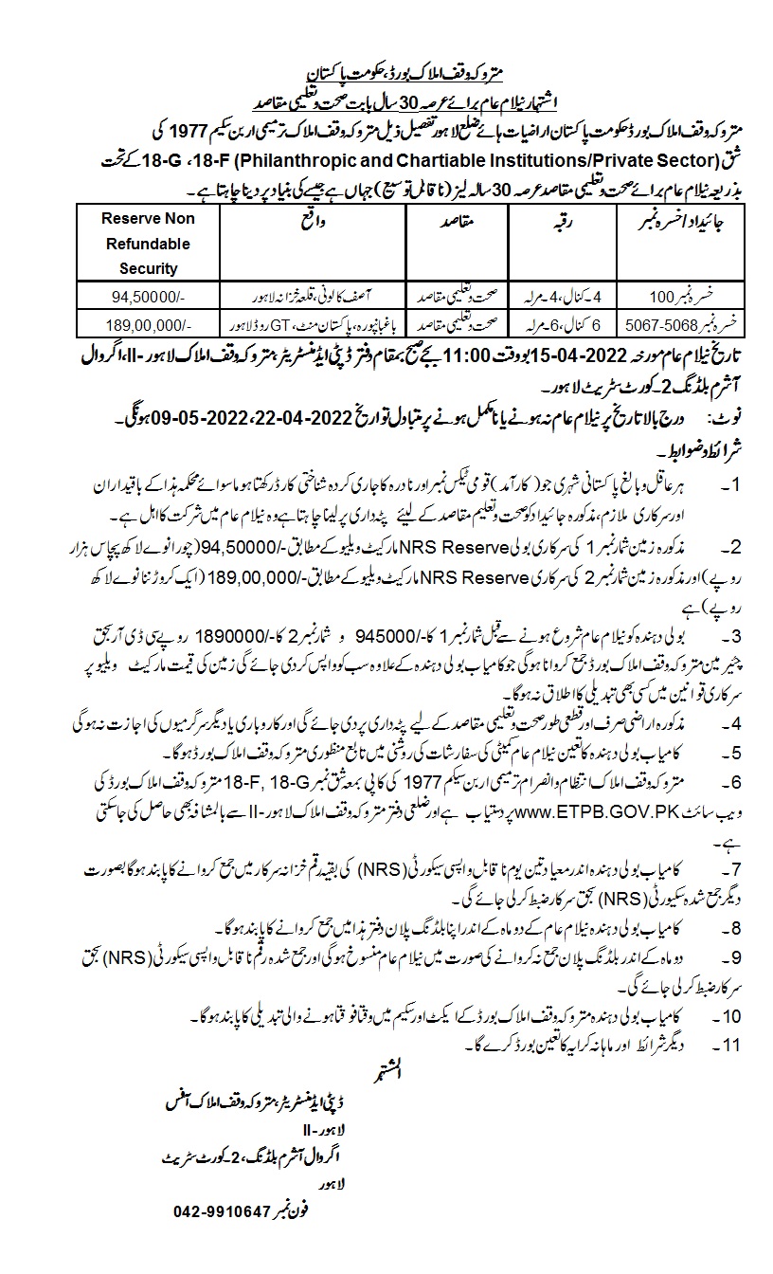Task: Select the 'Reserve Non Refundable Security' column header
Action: tap(149, 244)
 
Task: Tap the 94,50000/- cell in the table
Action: tap(149, 294)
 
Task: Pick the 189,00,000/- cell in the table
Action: tap(149, 324)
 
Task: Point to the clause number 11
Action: tap(727, 1046)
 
